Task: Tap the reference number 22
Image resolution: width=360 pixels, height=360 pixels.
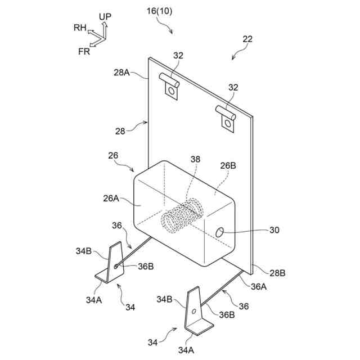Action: coord(247,39)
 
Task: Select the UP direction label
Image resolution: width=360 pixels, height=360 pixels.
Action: coord(105,17)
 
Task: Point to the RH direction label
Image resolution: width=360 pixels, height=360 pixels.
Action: coord(80,27)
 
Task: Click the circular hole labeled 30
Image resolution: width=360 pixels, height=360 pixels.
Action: coord(220,231)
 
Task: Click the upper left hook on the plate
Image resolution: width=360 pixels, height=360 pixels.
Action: coord(169,84)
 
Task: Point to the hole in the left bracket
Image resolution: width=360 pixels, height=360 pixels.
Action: coord(116,265)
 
